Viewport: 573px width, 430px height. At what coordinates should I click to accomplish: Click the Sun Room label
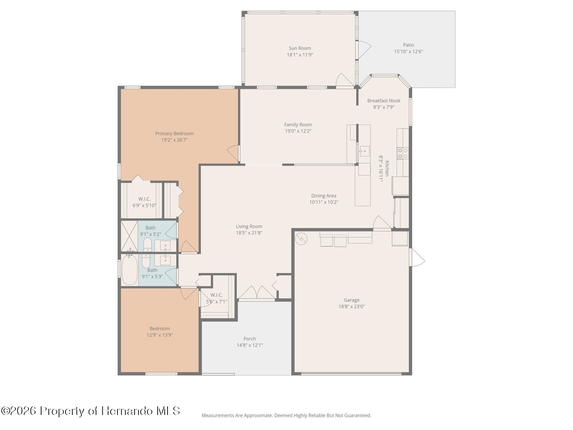(300, 48)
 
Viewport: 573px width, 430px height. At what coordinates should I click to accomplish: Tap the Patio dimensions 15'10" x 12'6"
(408, 52)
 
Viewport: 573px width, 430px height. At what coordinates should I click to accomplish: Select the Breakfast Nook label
(384, 101)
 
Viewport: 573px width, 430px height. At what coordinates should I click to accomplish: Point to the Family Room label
(298, 125)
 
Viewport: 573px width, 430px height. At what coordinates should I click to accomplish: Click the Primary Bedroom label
(174, 133)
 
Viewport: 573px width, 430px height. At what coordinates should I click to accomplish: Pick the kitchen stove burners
(403, 153)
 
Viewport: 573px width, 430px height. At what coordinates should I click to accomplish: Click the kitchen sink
(365, 151)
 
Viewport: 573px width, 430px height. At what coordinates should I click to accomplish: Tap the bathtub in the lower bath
(130, 269)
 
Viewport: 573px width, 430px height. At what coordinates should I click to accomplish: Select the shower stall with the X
(129, 236)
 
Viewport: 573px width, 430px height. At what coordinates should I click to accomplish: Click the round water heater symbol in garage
(301, 239)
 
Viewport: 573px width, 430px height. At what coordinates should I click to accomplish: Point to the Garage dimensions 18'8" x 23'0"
(351, 306)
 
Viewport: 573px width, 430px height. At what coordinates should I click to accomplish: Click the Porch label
(250, 339)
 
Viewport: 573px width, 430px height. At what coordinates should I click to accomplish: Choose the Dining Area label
(324, 196)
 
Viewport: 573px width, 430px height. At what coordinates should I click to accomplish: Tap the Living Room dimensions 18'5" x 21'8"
(249, 233)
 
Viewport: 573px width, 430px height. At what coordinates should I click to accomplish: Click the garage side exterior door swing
(417, 257)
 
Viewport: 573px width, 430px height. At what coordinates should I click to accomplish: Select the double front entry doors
(257, 292)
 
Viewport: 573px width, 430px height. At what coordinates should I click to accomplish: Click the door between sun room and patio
(365, 50)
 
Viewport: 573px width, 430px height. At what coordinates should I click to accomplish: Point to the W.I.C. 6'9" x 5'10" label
(144, 202)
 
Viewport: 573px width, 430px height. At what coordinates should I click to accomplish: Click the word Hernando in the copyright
(127, 411)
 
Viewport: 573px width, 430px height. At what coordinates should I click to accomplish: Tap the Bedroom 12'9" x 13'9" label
(159, 332)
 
